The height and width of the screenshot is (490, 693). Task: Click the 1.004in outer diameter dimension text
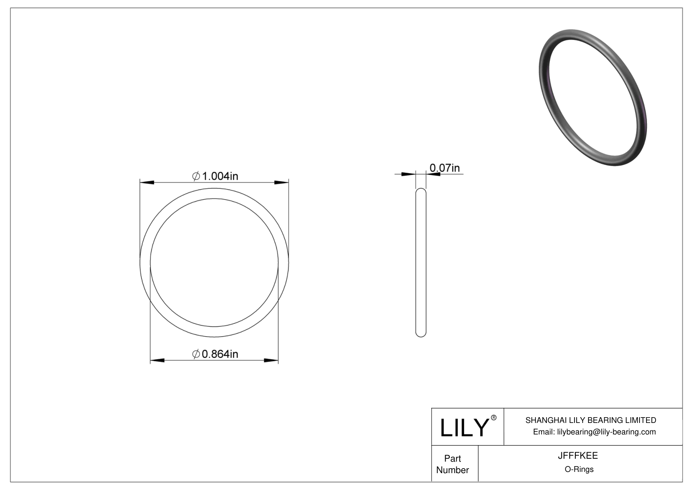(x=220, y=176)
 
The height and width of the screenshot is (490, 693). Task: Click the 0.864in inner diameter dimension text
(x=220, y=354)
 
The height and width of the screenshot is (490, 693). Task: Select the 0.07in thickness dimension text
(x=444, y=168)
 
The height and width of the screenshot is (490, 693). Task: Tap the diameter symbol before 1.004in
(x=196, y=176)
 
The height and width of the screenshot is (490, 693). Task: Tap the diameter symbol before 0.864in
(x=196, y=354)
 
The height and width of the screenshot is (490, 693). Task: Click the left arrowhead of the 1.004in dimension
(x=147, y=182)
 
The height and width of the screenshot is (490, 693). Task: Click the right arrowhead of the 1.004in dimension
(x=282, y=182)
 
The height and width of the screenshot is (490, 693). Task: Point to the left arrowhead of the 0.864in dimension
(x=157, y=361)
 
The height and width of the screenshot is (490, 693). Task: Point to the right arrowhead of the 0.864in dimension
(x=271, y=361)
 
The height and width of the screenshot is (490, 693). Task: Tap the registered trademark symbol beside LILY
(x=494, y=418)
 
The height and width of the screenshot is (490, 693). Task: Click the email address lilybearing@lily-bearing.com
(x=606, y=432)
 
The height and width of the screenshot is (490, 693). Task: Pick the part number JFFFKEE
(x=578, y=455)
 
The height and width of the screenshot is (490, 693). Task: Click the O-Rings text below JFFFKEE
(x=579, y=469)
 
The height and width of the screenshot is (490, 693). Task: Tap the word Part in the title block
(x=453, y=458)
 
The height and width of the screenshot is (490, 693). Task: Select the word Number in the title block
(x=453, y=470)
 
